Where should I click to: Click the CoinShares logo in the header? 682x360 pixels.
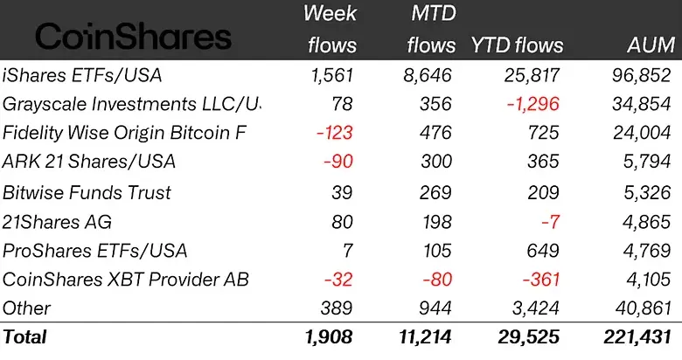133,37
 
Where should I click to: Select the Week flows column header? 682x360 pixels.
330,29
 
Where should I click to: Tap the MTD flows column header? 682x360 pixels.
431,29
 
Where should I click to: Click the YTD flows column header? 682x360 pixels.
517,45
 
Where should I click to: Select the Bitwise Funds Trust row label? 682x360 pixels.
87,192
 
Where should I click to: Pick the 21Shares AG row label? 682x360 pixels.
58,222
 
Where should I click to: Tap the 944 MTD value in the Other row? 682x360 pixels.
437,308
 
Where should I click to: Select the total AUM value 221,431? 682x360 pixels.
635,336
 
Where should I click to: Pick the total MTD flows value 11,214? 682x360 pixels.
426,336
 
